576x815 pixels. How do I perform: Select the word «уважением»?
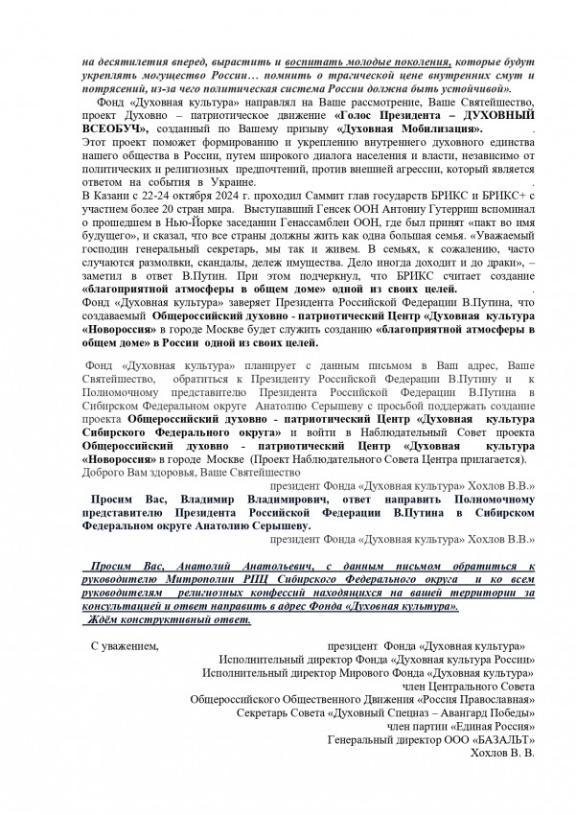tap(123, 646)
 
